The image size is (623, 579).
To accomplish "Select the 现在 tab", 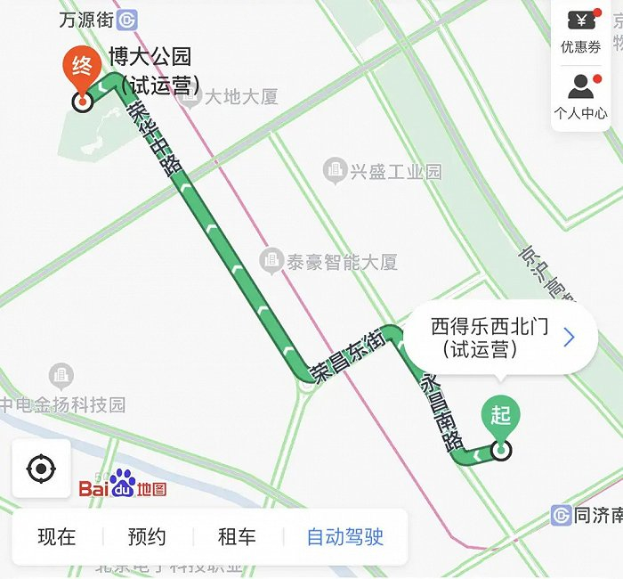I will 57,537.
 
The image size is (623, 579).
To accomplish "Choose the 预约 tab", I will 147,537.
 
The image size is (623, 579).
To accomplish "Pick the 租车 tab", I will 237,537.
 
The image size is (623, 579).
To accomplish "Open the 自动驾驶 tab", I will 344,537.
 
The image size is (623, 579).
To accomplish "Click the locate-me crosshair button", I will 41,469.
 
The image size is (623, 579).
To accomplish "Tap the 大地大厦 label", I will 230,96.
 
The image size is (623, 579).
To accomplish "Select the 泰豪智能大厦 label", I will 329,262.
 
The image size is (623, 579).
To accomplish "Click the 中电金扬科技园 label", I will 62,404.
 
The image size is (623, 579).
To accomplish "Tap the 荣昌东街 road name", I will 346,355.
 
